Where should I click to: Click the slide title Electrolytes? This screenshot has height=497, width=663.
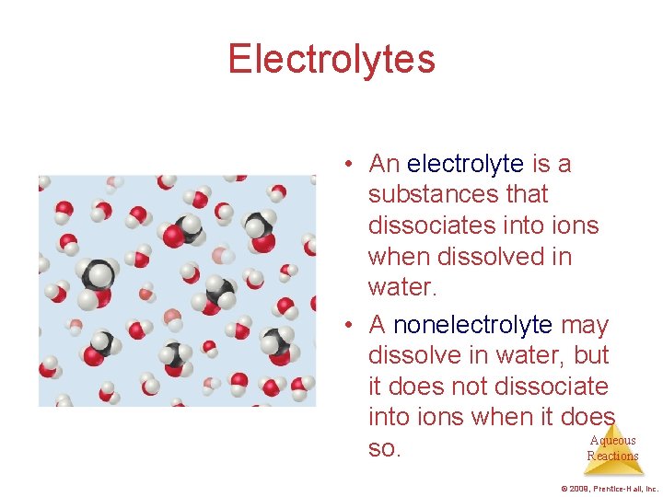pyautogui.click(x=331, y=60)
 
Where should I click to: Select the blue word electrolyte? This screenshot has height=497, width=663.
pyautogui.click(x=465, y=165)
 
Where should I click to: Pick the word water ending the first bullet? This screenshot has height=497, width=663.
pyautogui.click(x=401, y=288)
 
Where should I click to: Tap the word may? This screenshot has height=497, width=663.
pyautogui.click(x=585, y=325)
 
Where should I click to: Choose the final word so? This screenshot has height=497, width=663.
pyautogui.click(x=384, y=449)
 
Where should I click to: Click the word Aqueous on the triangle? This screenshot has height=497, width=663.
pyautogui.click(x=612, y=441)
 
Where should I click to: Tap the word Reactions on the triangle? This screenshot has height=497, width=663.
pyautogui.click(x=612, y=457)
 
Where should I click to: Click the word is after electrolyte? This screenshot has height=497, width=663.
pyautogui.click(x=541, y=165)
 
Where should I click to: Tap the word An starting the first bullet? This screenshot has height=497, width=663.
pyautogui.click(x=384, y=165)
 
